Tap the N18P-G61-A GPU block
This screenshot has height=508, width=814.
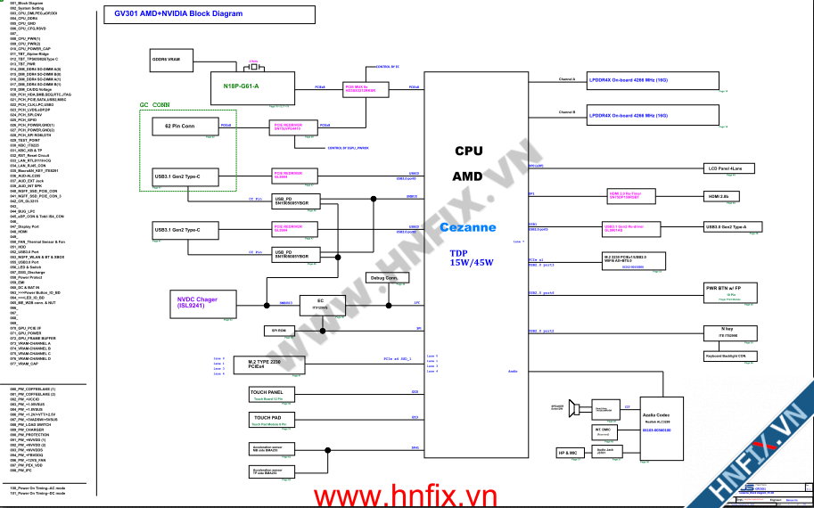[242, 86]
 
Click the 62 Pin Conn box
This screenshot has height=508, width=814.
[182, 127]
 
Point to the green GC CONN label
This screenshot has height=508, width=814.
[154, 104]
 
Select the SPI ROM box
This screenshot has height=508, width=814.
[278, 330]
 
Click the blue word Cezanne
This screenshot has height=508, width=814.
[467, 227]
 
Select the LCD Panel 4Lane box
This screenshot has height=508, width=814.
[731, 168]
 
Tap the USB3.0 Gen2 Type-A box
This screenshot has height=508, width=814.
[731, 226]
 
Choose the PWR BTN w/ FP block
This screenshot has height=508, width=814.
[730, 290]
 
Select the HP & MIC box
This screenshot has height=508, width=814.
[568, 453]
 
